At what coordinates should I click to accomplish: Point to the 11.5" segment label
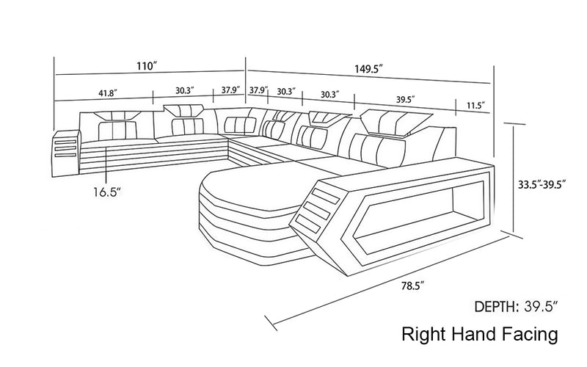click(x=475, y=106)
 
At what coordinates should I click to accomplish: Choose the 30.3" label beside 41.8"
click(x=183, y=92)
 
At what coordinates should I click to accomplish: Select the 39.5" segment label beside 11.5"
click(x=406, y=98)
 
